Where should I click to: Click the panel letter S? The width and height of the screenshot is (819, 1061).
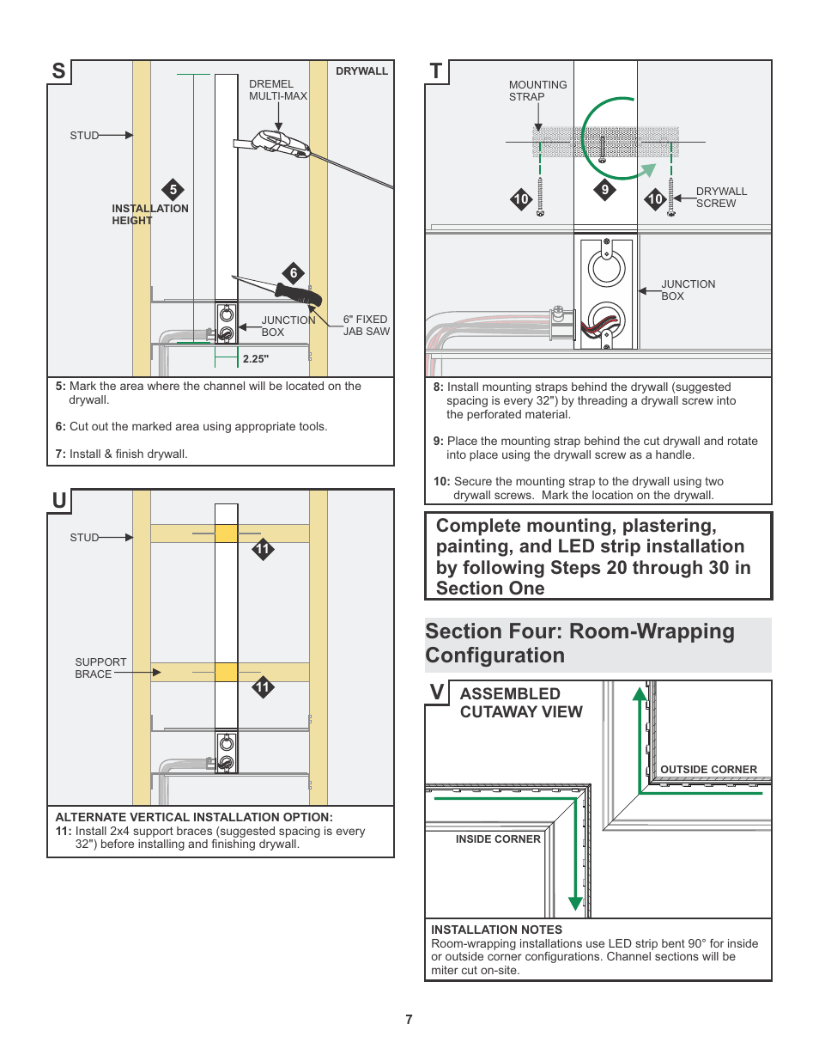[58, 71]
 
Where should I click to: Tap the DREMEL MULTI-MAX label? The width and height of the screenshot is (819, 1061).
[277, 90]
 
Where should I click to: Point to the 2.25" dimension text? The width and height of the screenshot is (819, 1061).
[255, 359]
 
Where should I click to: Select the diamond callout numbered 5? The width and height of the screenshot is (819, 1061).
[173, 190]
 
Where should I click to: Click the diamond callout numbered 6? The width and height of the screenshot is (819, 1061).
[294, 273]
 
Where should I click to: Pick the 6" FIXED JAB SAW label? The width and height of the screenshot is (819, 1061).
[366, 326]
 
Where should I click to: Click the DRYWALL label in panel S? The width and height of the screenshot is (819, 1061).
[361, 71]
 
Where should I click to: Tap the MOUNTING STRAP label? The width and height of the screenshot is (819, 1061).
[537, 91]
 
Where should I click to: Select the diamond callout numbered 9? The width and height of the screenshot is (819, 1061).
[605, 190]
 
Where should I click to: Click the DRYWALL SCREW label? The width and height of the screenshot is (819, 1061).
[720, 198]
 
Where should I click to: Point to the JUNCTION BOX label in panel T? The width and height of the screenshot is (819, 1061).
[687, 290]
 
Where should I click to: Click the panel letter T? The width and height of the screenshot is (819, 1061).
[436, 71]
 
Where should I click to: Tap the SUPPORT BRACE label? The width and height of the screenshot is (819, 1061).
[100, 668]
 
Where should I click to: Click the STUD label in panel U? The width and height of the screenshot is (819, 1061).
[84, 538]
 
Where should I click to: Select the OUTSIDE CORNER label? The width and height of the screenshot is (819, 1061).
[708, 770]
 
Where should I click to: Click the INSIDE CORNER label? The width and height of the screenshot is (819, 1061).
[498, 839]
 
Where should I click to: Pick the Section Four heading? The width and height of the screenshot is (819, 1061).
[579, 643]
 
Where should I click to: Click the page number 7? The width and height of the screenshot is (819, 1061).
[409, 1020]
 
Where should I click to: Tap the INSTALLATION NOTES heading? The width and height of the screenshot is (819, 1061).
[496, 930]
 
